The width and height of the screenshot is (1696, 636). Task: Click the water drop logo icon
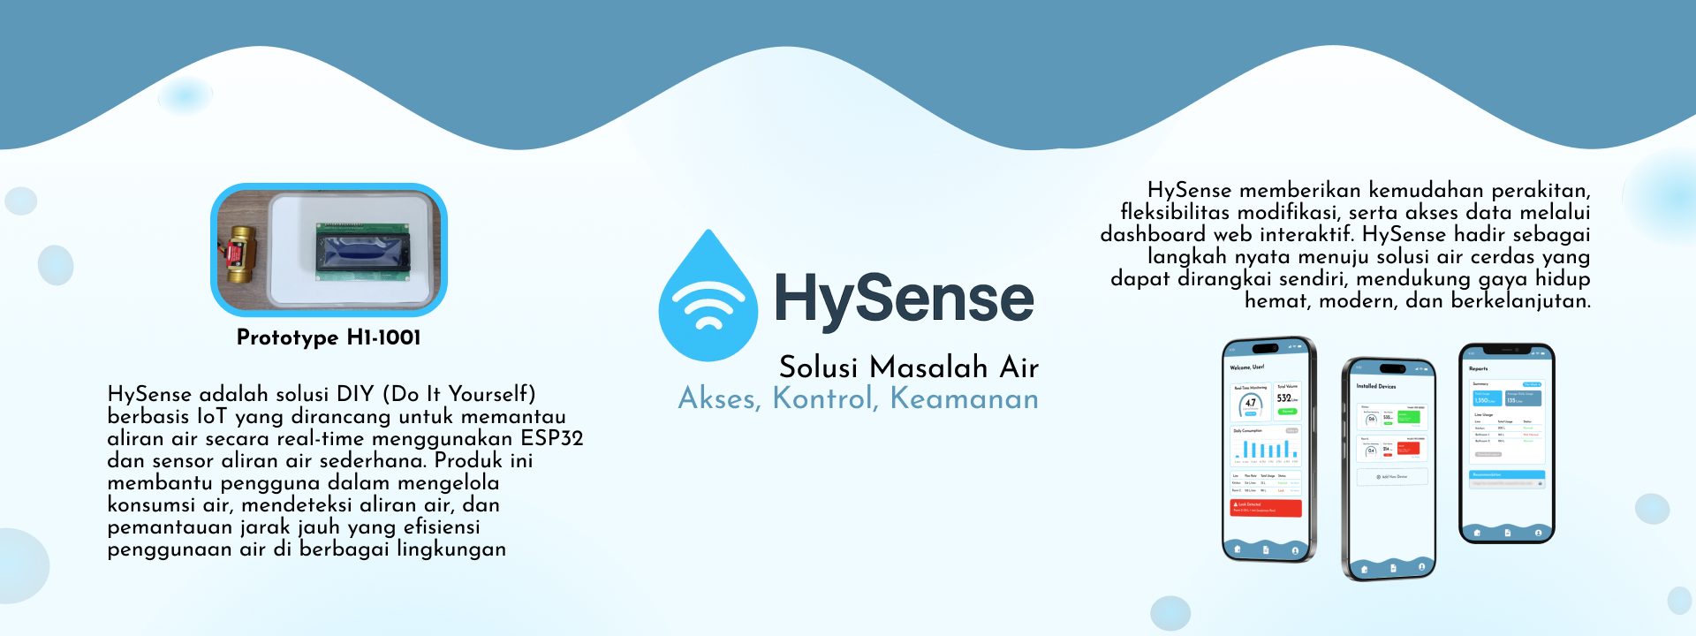pyautogui.click(x=708, y=297)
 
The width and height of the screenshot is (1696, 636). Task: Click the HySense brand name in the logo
pyautogui.click(x=904, y=299)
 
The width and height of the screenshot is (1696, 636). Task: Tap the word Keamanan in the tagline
pyautogui.click(x=964, y=399)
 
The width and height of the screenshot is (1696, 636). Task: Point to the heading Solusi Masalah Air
pyautogui.click(x=908, y=367)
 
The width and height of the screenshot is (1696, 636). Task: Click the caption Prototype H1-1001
pyautogui.click(x=329, y=337)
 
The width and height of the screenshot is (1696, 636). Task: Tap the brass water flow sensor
pyautogui.click(x=238, y=254)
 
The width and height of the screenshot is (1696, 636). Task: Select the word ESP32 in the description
pyautogui.click(x=552, y=438)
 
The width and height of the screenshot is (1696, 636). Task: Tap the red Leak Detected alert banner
pyautogui.click(x=1266, y=507)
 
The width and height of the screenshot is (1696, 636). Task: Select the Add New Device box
pyautogui.click(x=1391, y=477)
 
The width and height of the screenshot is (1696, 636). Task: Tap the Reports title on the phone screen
pyautogui.click(x=1479, y=368)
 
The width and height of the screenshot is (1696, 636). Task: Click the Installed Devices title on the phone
pyautogui.click(x=1376, y=386)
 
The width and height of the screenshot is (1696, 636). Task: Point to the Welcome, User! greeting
pyautogui.click(x=1246, y=367)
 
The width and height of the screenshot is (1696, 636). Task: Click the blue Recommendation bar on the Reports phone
pyautogui.click(x=1507, y=474)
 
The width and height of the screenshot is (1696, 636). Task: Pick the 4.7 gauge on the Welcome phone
pyautogui.click(x=1250, y=404)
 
